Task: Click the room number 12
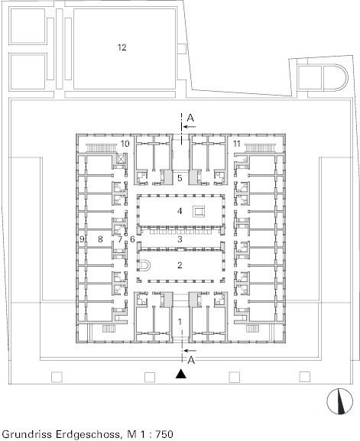[x=122, y=47]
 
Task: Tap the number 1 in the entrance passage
[x=180, y=322]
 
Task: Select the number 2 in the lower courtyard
[x=180, y=265]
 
